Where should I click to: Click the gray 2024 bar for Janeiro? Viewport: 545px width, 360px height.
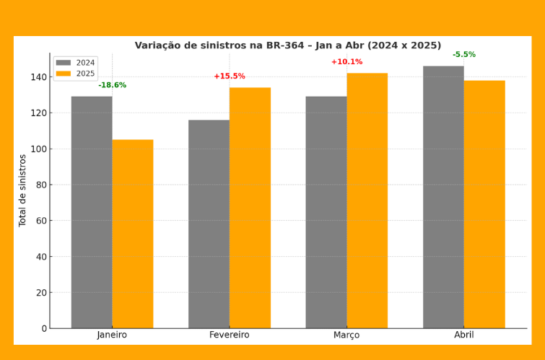click(92, 212)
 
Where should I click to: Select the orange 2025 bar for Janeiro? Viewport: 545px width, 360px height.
click(133, 234)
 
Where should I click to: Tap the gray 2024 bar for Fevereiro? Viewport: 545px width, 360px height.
click(209, 224)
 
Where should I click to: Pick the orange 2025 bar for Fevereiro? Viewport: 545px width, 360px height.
click(250, 208)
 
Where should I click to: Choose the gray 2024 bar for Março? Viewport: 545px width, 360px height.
click(326, 212)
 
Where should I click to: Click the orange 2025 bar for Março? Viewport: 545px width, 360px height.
click(367, 201)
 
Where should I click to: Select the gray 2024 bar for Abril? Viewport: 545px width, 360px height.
click(443, 197)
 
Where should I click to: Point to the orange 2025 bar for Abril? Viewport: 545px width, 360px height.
click(484, 204)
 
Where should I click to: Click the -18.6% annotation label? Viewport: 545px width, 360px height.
click(113, 85)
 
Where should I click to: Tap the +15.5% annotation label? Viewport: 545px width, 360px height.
click(230, 76)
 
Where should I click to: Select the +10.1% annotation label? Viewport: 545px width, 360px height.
click(346, 62)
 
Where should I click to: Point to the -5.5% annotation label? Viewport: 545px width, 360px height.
click(464, 55)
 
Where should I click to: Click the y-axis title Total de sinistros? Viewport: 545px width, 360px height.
click(23, 190)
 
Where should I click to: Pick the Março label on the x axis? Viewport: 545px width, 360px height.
click(346, 335)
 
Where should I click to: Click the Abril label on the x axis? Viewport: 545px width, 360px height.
click(464, 335)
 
